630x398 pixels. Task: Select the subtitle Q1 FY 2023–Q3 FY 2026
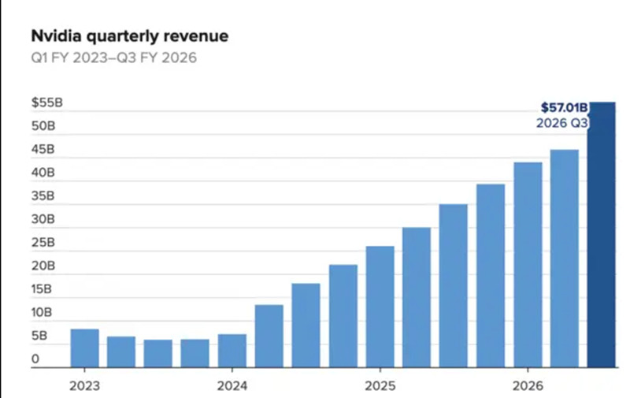(x=113, y=59)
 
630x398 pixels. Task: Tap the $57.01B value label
(x=565, y=107)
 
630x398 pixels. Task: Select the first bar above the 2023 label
(x=84, y=348)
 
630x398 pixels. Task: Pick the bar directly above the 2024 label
(x=232, y=351)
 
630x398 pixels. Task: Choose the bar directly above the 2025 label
(x=380, y=307)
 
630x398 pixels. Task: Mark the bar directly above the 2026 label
(x=527, y=265)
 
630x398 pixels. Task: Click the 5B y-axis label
(x=40, y=337)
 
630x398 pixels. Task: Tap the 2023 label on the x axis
(x=84, y=387)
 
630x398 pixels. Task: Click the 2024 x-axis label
(x=232, y=387)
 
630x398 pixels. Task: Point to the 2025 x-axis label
(x=380, y=387)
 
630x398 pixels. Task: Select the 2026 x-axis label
(x=527, y=387)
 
